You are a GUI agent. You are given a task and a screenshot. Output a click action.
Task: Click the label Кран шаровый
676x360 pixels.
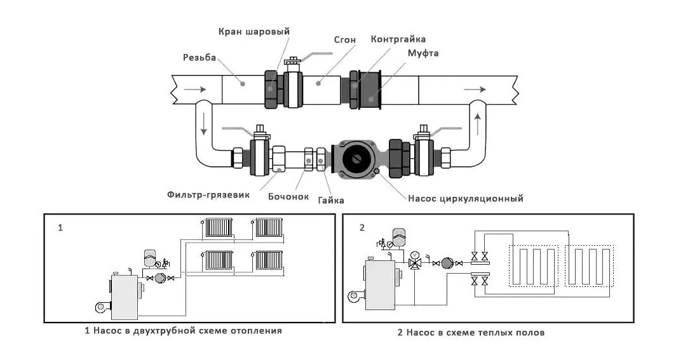point(253,31)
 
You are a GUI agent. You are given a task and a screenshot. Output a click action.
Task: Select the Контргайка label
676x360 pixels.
point(398,39)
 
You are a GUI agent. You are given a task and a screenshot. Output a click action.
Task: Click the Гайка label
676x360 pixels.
point(330,200)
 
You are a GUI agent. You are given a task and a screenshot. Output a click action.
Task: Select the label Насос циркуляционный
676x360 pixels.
point(465,199)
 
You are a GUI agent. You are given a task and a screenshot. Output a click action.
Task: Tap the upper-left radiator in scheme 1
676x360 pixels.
point(218,227)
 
